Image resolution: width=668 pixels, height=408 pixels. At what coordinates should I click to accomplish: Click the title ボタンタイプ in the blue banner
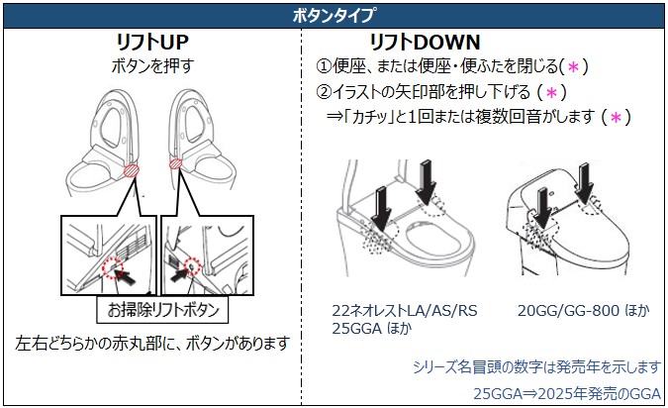pos(334,15)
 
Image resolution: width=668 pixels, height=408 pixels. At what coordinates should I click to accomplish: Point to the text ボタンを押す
pos(152,67)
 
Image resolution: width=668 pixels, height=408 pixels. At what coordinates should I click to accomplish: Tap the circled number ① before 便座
pos(323,67)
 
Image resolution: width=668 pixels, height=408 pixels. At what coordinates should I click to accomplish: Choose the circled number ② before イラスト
pos(323,92)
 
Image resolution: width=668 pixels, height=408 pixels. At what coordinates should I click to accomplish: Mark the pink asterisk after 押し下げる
pos(551,92)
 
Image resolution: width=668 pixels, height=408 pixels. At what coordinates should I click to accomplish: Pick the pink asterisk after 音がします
pos(615,118)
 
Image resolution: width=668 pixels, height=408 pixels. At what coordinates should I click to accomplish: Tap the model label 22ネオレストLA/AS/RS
pos(404,311)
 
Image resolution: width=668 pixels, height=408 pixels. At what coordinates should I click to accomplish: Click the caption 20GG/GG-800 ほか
pos(583,311)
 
